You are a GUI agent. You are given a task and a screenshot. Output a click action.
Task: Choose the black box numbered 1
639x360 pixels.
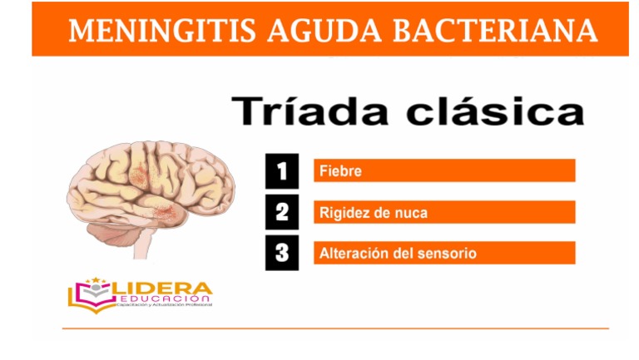282,170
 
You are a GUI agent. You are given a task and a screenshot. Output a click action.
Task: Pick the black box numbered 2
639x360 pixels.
282,212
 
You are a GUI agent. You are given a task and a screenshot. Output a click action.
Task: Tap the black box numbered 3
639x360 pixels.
282,254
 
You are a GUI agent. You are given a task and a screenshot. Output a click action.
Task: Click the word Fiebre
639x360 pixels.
340,171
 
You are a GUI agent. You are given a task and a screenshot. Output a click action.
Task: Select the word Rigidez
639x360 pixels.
345,213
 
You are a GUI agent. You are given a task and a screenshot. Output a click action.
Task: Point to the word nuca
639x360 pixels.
411,213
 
